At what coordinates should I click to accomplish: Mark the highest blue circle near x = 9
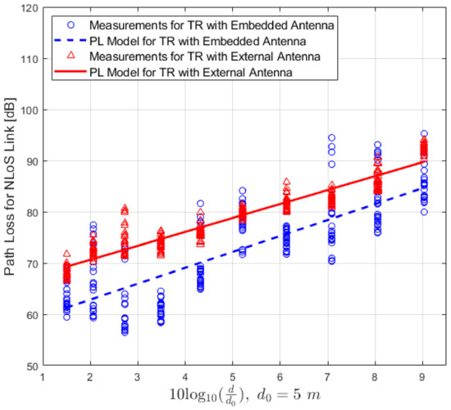tap(423, 133)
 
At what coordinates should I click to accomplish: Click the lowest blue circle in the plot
tap(125, 333)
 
